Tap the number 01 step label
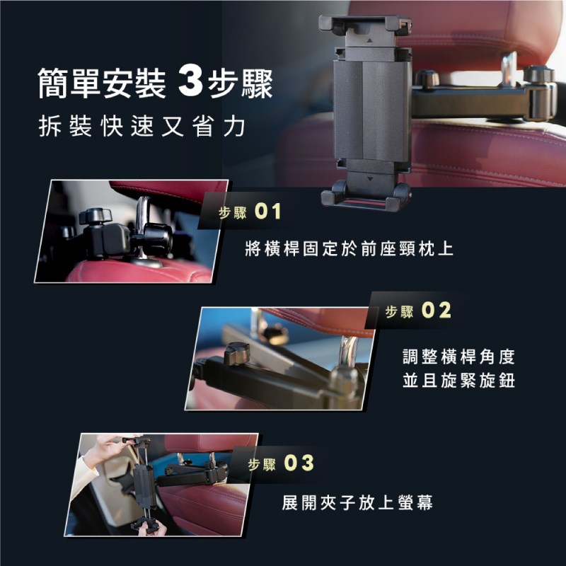pos(267,212)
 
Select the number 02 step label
pos(437,311)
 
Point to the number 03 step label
pos(299,463)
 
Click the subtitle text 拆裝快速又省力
pos(142,127)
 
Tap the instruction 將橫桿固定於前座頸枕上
pos(349,249)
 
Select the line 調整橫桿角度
pos(458,357)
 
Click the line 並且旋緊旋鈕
pos(458,381)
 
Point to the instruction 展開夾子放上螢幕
pos(357,503)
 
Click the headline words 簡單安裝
pos(102,83)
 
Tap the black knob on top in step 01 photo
pos(96,216)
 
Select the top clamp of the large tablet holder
pos(365,25)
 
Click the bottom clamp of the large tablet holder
pos(365,196)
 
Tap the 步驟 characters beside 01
pos(233,213)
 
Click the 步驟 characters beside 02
pos(400,311)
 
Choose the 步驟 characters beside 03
pos(262,464)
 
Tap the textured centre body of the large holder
pos(372,110)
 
